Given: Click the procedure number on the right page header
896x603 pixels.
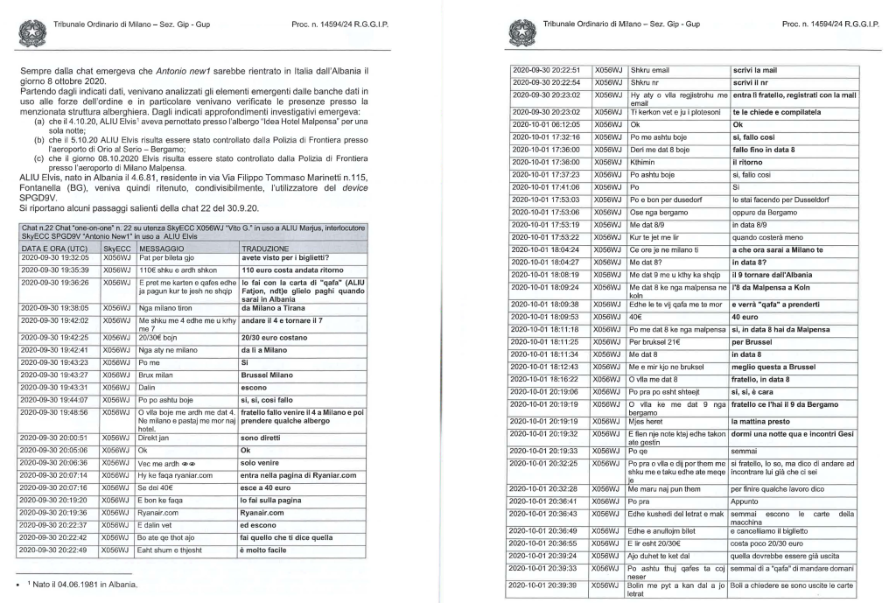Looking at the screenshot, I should (x=832, y=24).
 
